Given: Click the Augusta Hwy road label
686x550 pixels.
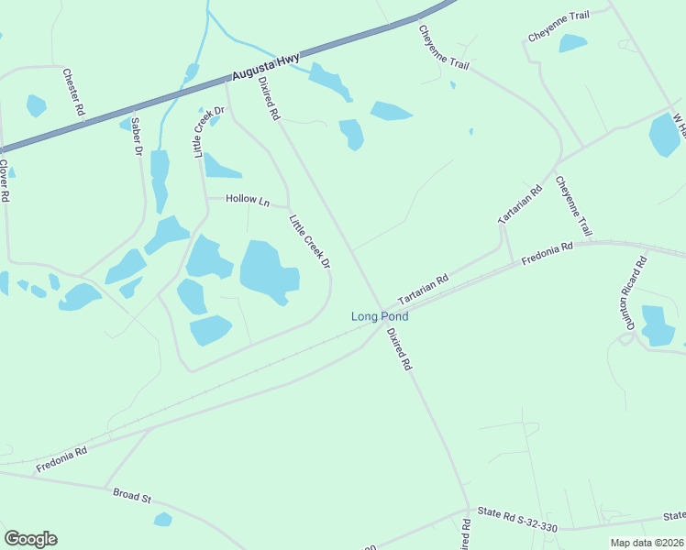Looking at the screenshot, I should (x=266, y=69).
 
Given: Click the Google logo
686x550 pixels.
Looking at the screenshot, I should (x=30, y=539).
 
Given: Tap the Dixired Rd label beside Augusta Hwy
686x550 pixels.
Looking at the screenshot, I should (x=268, y=98).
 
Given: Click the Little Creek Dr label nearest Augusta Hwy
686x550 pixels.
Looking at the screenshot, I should (x=208, y=132).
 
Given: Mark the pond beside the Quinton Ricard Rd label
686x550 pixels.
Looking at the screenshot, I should (x=657, y=326).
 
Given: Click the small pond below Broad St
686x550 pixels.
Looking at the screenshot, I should (x=162, y=520).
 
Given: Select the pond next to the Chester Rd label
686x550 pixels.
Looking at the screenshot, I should (x=36, y=105).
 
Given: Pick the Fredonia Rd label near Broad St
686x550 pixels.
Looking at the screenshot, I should (x=61, y=459).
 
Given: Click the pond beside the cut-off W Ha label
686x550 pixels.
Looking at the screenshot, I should (x=663, y=136).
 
